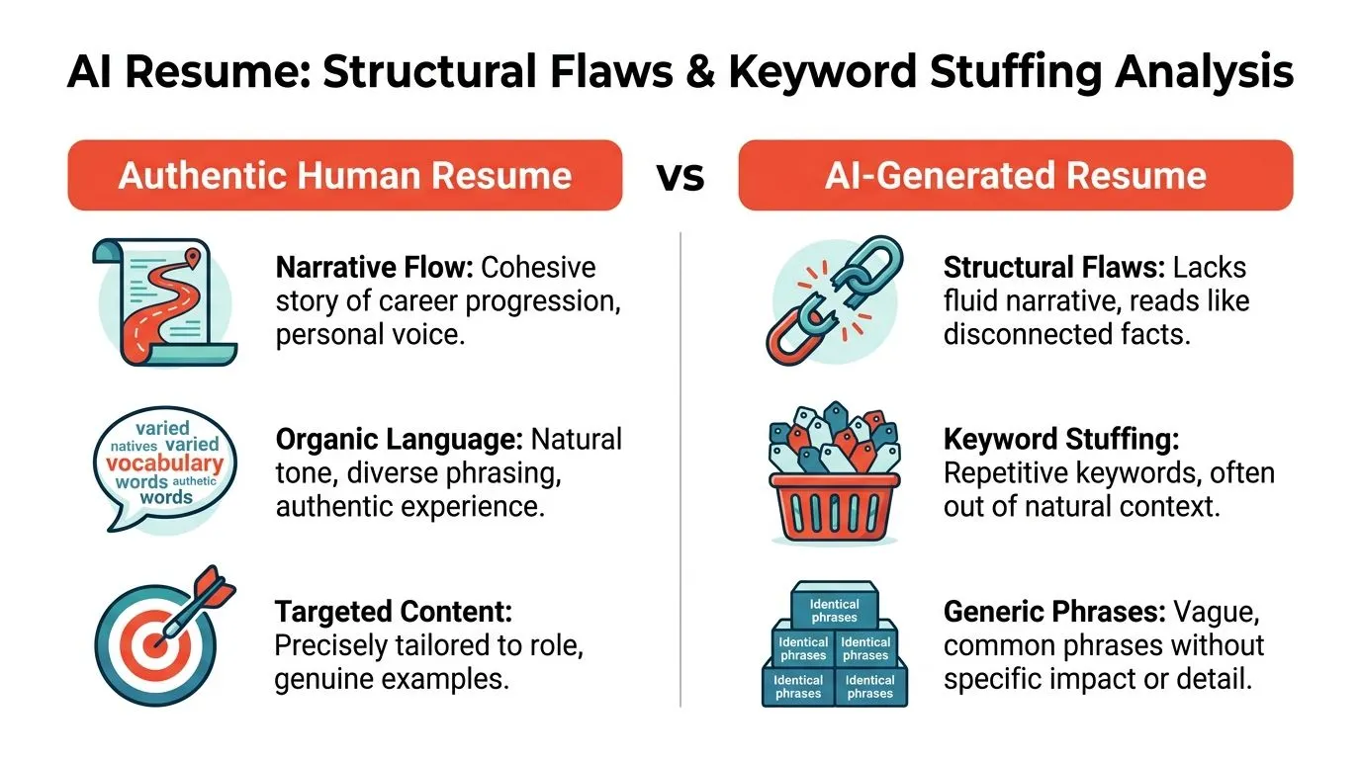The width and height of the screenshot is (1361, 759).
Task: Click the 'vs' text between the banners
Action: click(680, 177)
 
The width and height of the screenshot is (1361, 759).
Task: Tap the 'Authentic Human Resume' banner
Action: click(345, 176)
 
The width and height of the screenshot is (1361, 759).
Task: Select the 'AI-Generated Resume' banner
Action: click(1016, 176)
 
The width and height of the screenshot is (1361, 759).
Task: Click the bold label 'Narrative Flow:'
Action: click(374, 267)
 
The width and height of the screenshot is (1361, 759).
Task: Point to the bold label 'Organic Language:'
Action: click(400, 440)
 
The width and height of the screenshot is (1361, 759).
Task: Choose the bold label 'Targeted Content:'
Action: click(394, 612)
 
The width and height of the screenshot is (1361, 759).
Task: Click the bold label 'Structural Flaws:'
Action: click(1054, 267)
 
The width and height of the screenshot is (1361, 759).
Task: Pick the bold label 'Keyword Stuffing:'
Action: click(1061, 440)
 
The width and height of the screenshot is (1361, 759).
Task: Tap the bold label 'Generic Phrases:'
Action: click(1054, 612)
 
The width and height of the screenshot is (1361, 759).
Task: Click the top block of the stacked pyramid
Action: click(835, 605)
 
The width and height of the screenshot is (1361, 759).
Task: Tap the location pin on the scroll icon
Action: click(193, 258)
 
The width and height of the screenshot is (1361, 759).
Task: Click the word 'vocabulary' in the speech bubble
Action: click(164, 464)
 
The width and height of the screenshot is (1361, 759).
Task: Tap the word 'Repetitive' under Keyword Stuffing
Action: click(1006, 473)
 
